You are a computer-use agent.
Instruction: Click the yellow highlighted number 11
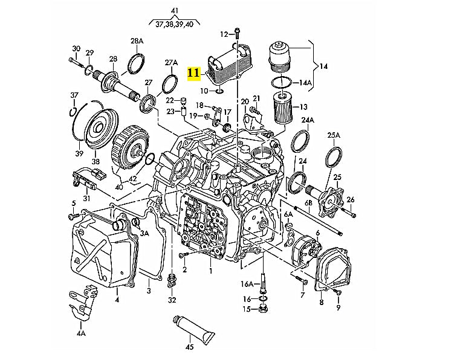click(193, 73)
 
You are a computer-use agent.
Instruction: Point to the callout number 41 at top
click(175, 11)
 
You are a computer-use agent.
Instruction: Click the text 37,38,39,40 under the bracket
click(174, 25)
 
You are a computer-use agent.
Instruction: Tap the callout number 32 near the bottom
click(172, 300)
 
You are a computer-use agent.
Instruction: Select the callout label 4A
click(81, 332)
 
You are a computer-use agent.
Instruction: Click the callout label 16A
click(246, 284)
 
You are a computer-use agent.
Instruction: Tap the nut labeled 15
click(264, 310)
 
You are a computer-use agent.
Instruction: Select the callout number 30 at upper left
click(76, 48)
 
